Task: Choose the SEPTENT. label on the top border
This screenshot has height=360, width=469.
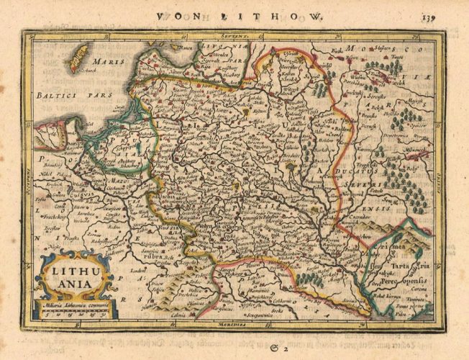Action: click(x=235, y=33)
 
